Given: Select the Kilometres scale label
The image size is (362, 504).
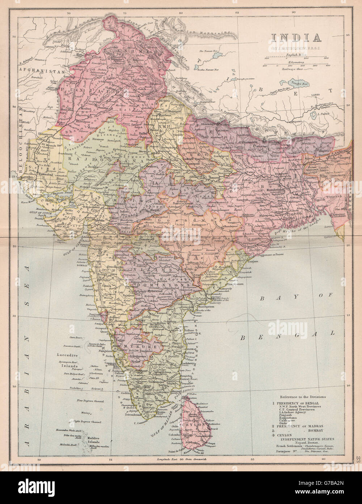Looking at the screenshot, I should [x=296, y=62].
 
